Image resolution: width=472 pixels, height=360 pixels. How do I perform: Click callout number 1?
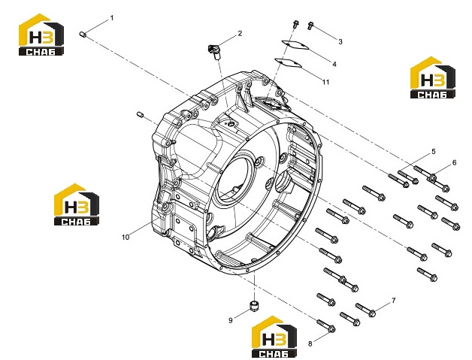(x=112, y=18)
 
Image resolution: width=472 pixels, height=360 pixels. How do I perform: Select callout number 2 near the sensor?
(x=240, y=33)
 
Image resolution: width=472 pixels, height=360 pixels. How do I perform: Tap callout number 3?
(x=340, y=42)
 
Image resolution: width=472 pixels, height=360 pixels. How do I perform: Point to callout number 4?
(x=334, y=64)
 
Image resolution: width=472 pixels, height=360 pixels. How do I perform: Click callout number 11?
(x=326, y=82)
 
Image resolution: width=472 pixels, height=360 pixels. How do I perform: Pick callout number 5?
(x=434, y=151)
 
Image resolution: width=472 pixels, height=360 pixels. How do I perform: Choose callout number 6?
(x=454, y=163)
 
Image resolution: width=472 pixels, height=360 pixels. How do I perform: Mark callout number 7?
(x=393, y=301)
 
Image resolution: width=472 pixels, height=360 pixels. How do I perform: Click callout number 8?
(x=310, y=343)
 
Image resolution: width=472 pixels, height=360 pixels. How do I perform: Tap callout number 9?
(x=231, y=321)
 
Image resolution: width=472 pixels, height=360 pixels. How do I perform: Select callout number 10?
(x=126, y=237)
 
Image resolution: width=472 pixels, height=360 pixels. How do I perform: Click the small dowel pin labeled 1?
(x=83, y=35)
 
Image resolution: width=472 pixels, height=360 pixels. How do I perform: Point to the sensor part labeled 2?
(x=214, y=51)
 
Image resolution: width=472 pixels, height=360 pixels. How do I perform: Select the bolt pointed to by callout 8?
(x=326, y=325)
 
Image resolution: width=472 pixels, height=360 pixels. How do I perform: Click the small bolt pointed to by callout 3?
(x=310, y=26)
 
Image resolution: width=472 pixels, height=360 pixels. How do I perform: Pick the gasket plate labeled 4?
(x=295, y=45)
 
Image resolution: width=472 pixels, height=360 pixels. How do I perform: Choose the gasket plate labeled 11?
(x=289, y=62)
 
